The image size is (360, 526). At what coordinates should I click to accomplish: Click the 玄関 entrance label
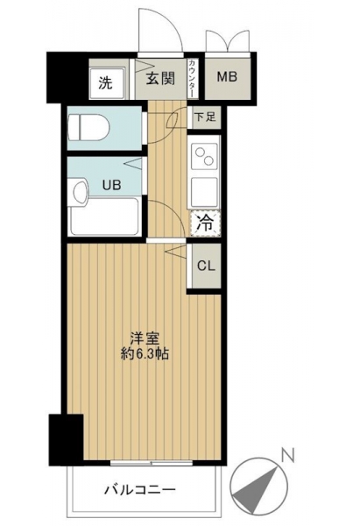[160, 79]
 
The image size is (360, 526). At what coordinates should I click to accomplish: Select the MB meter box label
[227, 77]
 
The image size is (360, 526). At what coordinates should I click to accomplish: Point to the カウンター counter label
[192, 79]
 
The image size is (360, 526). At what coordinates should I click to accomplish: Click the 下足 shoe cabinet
[204, 117]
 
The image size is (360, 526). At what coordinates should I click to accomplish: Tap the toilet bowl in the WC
[88, 127]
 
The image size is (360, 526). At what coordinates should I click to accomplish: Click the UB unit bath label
[111, 185]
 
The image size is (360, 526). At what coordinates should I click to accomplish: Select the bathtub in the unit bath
[104, 217]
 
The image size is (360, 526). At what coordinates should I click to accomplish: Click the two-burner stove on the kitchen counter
[204, 156]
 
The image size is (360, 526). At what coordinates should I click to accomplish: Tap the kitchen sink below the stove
[204, 192]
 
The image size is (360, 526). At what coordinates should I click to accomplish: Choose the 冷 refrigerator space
[206, 223]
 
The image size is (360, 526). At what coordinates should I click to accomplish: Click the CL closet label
[206, 266]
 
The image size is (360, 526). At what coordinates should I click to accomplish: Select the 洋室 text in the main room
[145, 338]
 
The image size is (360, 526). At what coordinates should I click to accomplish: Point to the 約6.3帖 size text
[145, 354]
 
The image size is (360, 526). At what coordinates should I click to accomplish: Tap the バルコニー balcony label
[140, 490]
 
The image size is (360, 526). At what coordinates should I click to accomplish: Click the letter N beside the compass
[287, 456]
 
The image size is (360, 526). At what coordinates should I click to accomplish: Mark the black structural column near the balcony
[66, 440]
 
